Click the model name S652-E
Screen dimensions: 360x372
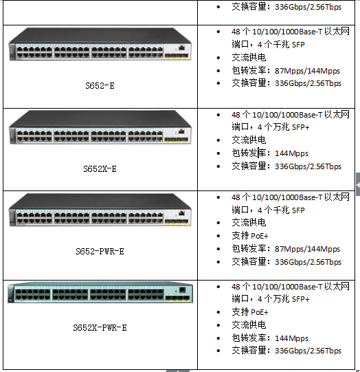tap(100, 86)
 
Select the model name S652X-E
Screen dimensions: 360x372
tap(100, 169)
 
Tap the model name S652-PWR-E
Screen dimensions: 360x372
tap(100, 251)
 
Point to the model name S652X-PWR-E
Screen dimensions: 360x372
tap(100, 327)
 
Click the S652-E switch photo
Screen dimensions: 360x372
tap(100, 45)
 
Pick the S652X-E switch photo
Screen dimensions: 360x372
tap(100, 127)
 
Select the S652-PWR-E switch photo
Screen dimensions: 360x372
tap(100, 210)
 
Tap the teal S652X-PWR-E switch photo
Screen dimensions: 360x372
tap(100, 292)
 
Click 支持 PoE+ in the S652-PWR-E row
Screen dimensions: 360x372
tap(250, 236)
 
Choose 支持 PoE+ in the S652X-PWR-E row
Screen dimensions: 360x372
tap(250, 312)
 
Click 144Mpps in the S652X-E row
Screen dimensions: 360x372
tap(291, 153)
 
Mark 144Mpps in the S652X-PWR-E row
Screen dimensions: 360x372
tap(291, 338)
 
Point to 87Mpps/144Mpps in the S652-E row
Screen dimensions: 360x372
tap(307, 71)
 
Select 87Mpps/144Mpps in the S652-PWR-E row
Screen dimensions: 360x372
tap(307, 249)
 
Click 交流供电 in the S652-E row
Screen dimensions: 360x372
tap(249, 58)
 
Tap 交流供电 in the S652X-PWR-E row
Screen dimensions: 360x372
tap(249, 325)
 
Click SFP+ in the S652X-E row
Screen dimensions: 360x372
tap(300, 127)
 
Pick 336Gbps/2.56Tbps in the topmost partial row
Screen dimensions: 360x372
tap(308, 7)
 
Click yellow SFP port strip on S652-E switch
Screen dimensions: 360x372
tap(177, 56)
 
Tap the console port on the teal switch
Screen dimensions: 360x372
tap(182, 289)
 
